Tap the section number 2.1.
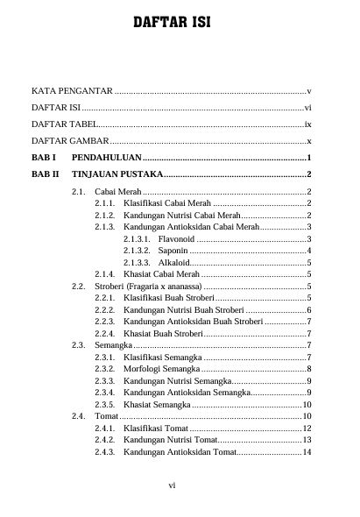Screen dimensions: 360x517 [x=78, y=192]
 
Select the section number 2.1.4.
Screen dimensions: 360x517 [x=105, y=274]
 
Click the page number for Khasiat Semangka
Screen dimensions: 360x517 [x=307, y=405]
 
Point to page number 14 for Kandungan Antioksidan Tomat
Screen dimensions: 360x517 [x=307, y=452]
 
